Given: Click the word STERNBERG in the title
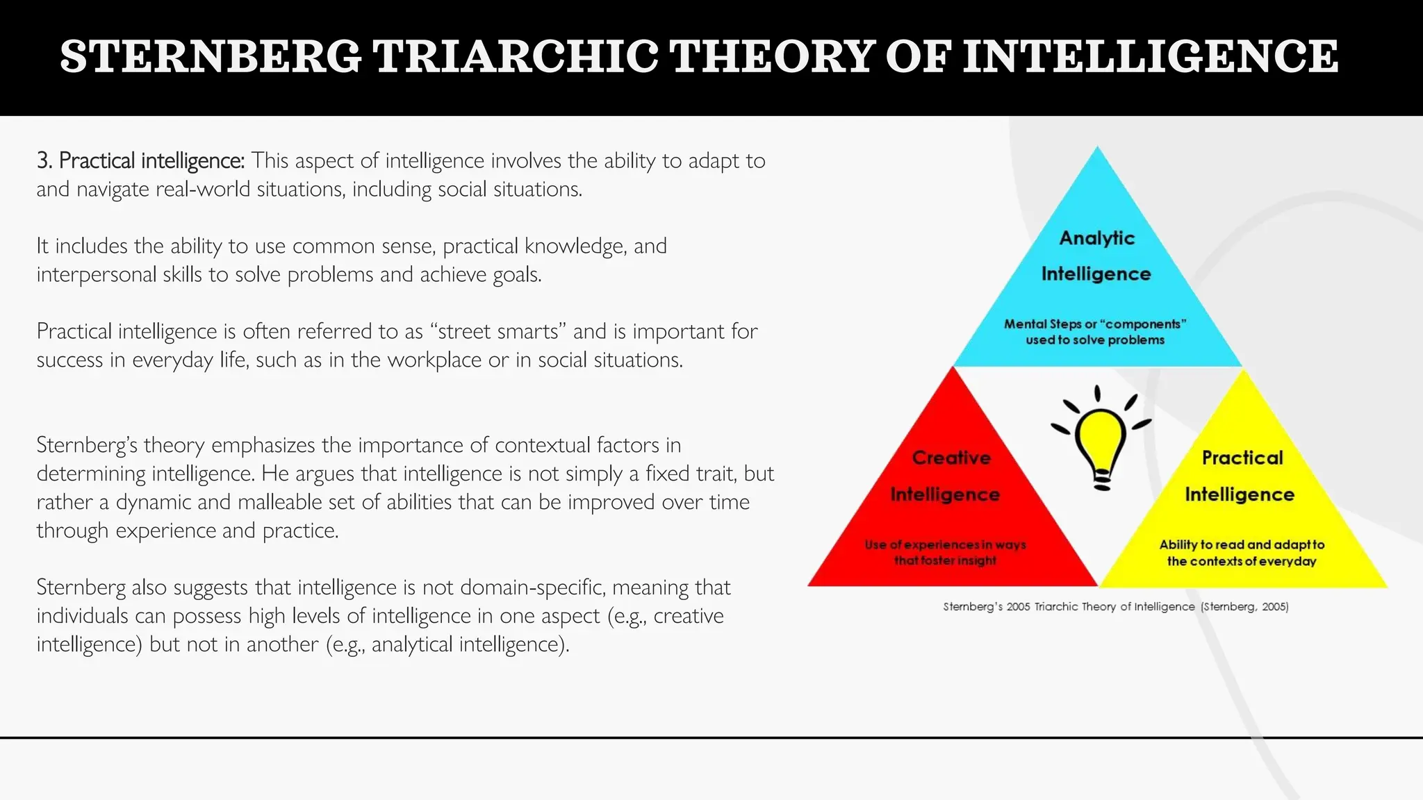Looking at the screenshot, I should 211,57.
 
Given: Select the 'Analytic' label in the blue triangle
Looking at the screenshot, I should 1096,238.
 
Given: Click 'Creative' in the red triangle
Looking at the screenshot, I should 951,458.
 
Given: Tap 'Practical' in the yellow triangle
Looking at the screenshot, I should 1242,458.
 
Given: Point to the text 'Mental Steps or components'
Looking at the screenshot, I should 1094,324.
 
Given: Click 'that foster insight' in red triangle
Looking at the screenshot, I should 945,560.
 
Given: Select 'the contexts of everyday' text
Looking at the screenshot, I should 1241,561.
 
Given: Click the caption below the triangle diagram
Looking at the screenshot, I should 1115,607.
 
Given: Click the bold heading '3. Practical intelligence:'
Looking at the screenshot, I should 140,161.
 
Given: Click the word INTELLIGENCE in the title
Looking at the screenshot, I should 1150,57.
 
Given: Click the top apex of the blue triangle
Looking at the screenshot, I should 1097,149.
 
